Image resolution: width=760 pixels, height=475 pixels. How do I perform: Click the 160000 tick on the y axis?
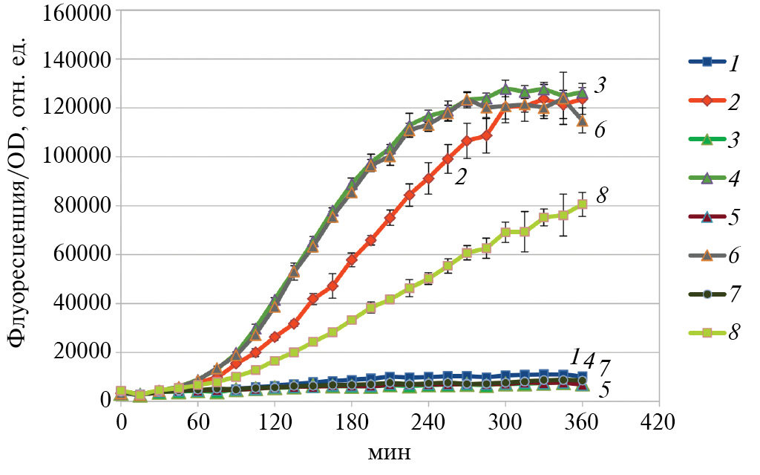(76, 11)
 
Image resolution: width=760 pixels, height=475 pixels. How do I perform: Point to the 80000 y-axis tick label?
(81, 206)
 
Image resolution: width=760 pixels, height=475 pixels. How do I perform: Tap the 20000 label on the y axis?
(81, 353)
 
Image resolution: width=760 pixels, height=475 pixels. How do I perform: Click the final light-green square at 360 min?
(583, 204)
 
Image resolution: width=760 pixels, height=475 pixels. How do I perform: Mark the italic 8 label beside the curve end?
(603, 196)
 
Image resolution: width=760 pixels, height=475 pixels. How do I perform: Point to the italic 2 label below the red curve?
(460, 177)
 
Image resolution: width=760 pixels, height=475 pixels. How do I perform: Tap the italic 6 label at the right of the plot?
(600, 129)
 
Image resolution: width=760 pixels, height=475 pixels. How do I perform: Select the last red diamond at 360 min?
(583, 98)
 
